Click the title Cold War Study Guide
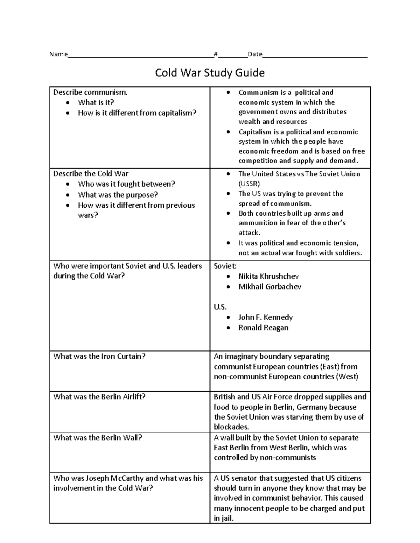pos(210,73)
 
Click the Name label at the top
pos(58,54)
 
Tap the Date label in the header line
pos(255,54)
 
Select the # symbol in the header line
pos(216,54)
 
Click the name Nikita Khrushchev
pos(268,276)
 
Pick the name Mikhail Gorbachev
pos(269,287)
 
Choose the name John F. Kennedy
pos(265,317)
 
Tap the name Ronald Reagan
pos(263,328)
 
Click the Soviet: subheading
pos(225,266)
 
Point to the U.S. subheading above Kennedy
pos(220,307)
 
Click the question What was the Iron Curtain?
pos(99,356)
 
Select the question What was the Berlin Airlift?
pos(99,397)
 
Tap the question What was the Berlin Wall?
pos(98,438)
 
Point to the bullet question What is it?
pos(96,102)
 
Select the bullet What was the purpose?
pos(118,195)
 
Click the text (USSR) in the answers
pos(249,184)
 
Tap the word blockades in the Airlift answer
pos(231,427)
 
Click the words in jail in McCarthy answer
pos(223,518)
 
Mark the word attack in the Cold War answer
pos(249,233)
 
